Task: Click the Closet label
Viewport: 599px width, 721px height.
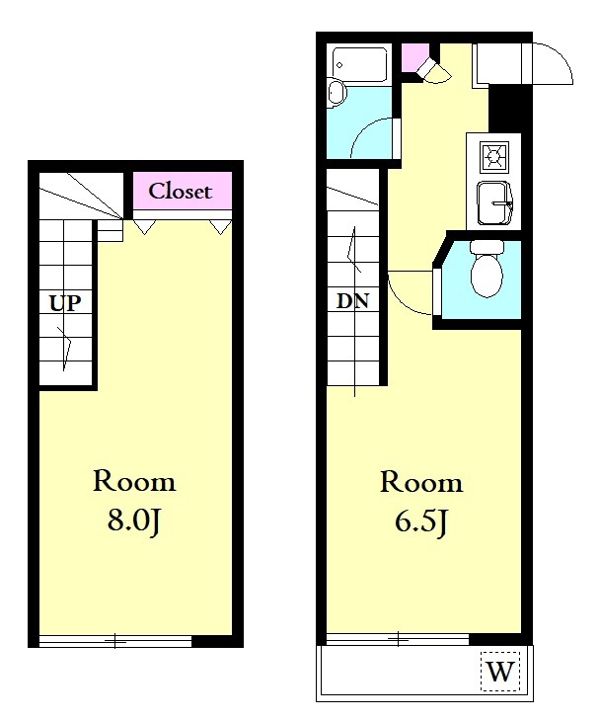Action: tap(180, 192)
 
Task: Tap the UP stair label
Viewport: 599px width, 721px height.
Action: tap(65, 303)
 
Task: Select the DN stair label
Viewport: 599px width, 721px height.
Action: tap(352, 301)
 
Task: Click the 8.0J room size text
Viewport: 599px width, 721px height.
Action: tap(133, 521)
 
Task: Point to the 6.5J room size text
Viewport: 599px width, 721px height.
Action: tap(421, 522)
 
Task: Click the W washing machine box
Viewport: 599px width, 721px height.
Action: tap(500, 672)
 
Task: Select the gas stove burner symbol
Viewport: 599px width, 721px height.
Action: tap(494, 157)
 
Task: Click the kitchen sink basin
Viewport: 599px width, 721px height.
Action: tap(494, 203)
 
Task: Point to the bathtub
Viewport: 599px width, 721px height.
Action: tap(359, 64)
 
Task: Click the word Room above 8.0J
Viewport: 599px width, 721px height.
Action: tap(134, 481)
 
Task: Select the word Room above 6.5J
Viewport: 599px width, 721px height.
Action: tap(421, 483)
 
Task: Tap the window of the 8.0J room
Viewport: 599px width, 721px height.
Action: tap(114, 641)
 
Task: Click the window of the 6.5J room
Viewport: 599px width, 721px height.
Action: tap(398, 639)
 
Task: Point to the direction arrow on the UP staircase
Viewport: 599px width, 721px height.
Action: tap(67, 349)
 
